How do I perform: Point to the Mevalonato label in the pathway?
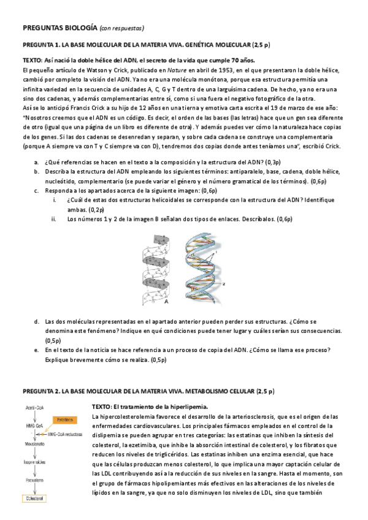point(35,443)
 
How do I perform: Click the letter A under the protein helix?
point(167,300)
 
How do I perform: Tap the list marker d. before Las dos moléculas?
point(36,321)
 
